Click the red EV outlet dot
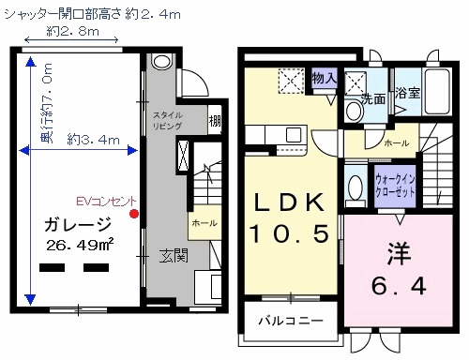[x=134, y=214]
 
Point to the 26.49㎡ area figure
[x=80, y=246]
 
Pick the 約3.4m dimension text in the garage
[x=94, y=140]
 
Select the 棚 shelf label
[x=215, y=119]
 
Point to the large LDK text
[x=288, y=202]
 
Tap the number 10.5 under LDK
[x=288, y=231]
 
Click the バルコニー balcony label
[x=291, y=321]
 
